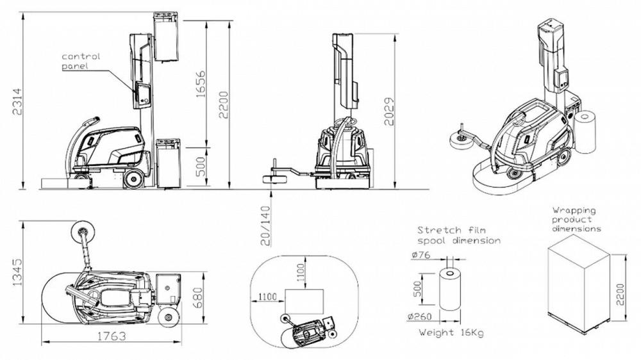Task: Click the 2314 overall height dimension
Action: (17, 101)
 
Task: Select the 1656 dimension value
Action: (200, 85)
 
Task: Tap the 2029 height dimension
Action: (390, 111)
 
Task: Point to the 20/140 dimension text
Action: (265, 225)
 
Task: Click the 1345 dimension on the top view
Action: (17, 272)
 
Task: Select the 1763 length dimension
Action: (111, 336)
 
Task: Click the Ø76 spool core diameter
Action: (421, 255)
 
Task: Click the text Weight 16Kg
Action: (451, 332)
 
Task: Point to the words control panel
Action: (81, 61)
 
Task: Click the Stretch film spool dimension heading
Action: (459, 235)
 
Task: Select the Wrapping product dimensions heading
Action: (576, 220)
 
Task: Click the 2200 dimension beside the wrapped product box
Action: (620, 294)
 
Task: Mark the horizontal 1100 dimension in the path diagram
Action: (267, 297)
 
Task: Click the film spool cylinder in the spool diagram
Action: (450, 290)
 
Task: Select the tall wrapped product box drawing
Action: (578, 286)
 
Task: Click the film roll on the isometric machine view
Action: (585, 131)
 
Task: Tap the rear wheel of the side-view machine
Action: (134, 179)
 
